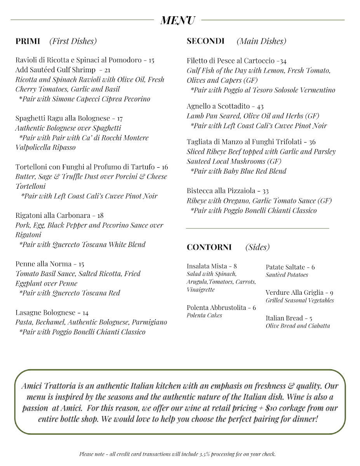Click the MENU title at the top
(x=178, y=20)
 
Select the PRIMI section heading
(x=28, y=41)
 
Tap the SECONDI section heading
(x=205, y=41)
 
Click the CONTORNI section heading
(x=209, y=247)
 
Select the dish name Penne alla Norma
(x=43, y=264)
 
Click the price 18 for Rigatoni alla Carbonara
(x=100, y=216)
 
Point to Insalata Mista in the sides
(x=207, y=266)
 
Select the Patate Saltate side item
(x=285, y=267)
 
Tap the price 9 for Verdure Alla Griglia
(x=331, y=293)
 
